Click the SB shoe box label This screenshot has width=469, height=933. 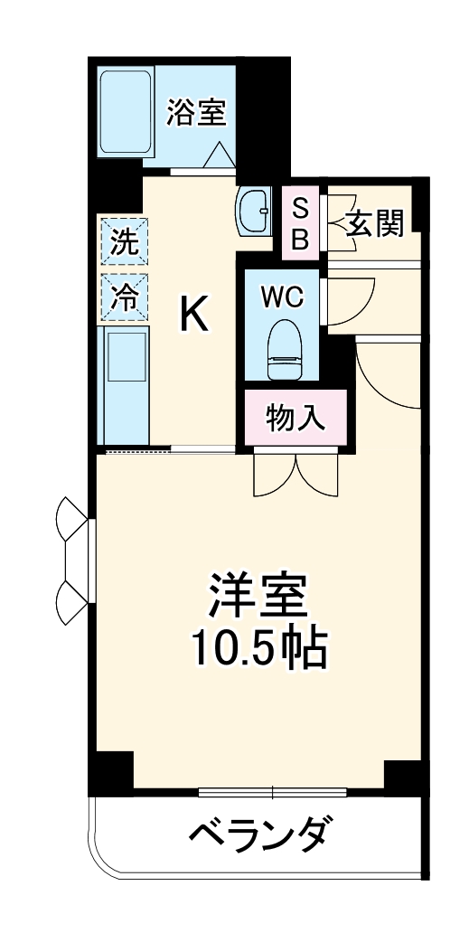301,223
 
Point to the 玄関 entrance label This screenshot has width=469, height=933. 373,222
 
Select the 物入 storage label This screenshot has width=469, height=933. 295,418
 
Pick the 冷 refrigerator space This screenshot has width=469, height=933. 124,297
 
